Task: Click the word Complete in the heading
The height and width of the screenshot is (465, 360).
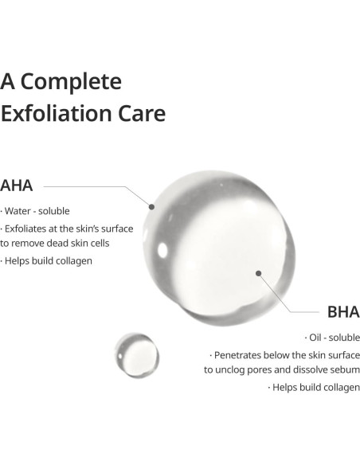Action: pyautogui.click(x=73, y=82)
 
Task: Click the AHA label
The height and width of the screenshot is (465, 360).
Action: pyautogui.click(x=17, y=186)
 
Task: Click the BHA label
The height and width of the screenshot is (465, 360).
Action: pyautogui.click(x=343, y=311)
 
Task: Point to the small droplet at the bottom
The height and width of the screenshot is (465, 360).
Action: pyautogui.click(x=136, y=354)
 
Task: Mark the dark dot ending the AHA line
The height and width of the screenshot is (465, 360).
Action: pyautogui.click(x=151, y=205)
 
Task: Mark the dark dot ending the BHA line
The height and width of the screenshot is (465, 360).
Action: pyautogui.click(x=259, y=273)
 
